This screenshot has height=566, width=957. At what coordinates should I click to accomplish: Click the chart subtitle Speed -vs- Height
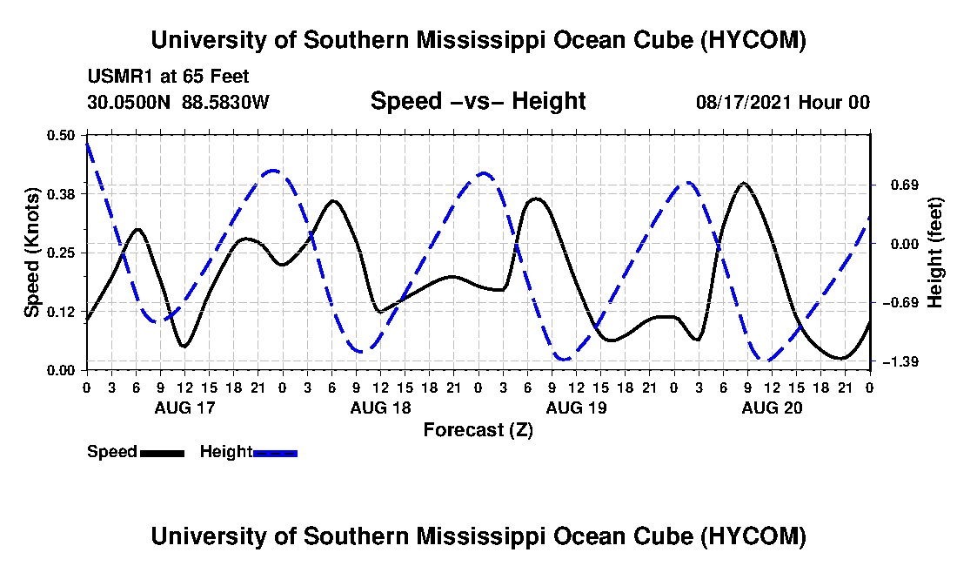[478, 101]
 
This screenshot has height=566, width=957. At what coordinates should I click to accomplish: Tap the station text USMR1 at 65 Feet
[169, 77]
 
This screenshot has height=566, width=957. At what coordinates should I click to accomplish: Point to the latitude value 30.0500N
[129, 102]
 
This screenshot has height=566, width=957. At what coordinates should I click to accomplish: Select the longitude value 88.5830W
[225, 102]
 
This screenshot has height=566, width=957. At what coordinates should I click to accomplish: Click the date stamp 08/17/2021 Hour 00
[783, 102]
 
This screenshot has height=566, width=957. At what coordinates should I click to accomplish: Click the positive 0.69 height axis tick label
[905, 185]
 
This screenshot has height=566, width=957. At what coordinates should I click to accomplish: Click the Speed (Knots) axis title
[31, 253]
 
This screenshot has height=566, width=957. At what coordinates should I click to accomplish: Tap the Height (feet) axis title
[935, 253]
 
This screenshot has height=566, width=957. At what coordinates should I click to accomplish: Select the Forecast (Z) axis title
[478, 430]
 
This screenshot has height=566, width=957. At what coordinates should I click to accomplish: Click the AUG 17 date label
[185, 408]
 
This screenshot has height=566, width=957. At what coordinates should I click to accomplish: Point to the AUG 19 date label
[577, 408]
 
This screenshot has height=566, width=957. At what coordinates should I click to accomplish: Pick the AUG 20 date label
[772, 408]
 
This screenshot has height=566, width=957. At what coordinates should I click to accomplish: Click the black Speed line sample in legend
[162, 453]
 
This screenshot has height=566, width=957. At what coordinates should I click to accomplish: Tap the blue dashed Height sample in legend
[275, 453]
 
